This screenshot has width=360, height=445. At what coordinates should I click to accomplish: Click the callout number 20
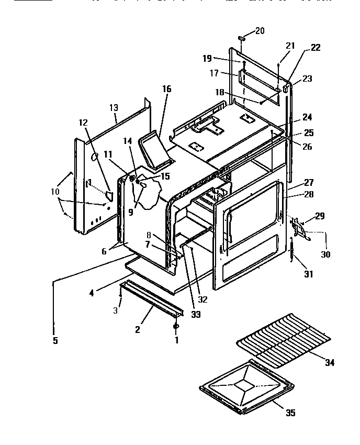tap(260, 31)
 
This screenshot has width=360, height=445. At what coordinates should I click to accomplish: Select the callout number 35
tap(290, 413)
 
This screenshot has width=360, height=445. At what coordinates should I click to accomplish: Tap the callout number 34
tap(330, 363)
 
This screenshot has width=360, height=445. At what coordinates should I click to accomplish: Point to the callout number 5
tap(55, 341)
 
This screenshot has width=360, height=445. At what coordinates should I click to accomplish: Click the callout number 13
tap(114, 108)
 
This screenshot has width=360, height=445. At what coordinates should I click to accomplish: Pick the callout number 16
tap(166, 89)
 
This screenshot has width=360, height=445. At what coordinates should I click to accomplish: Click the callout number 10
tap(55, 192)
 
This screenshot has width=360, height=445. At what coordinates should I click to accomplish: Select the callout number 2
tap(138, 330)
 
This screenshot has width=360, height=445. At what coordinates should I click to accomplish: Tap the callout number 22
tap(315, 48)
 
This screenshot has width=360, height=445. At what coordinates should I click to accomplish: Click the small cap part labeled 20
tap(241, 39)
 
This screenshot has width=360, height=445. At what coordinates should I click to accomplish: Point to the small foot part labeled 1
tap(176, 327)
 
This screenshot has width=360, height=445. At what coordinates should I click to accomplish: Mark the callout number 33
tap(182, 315)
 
